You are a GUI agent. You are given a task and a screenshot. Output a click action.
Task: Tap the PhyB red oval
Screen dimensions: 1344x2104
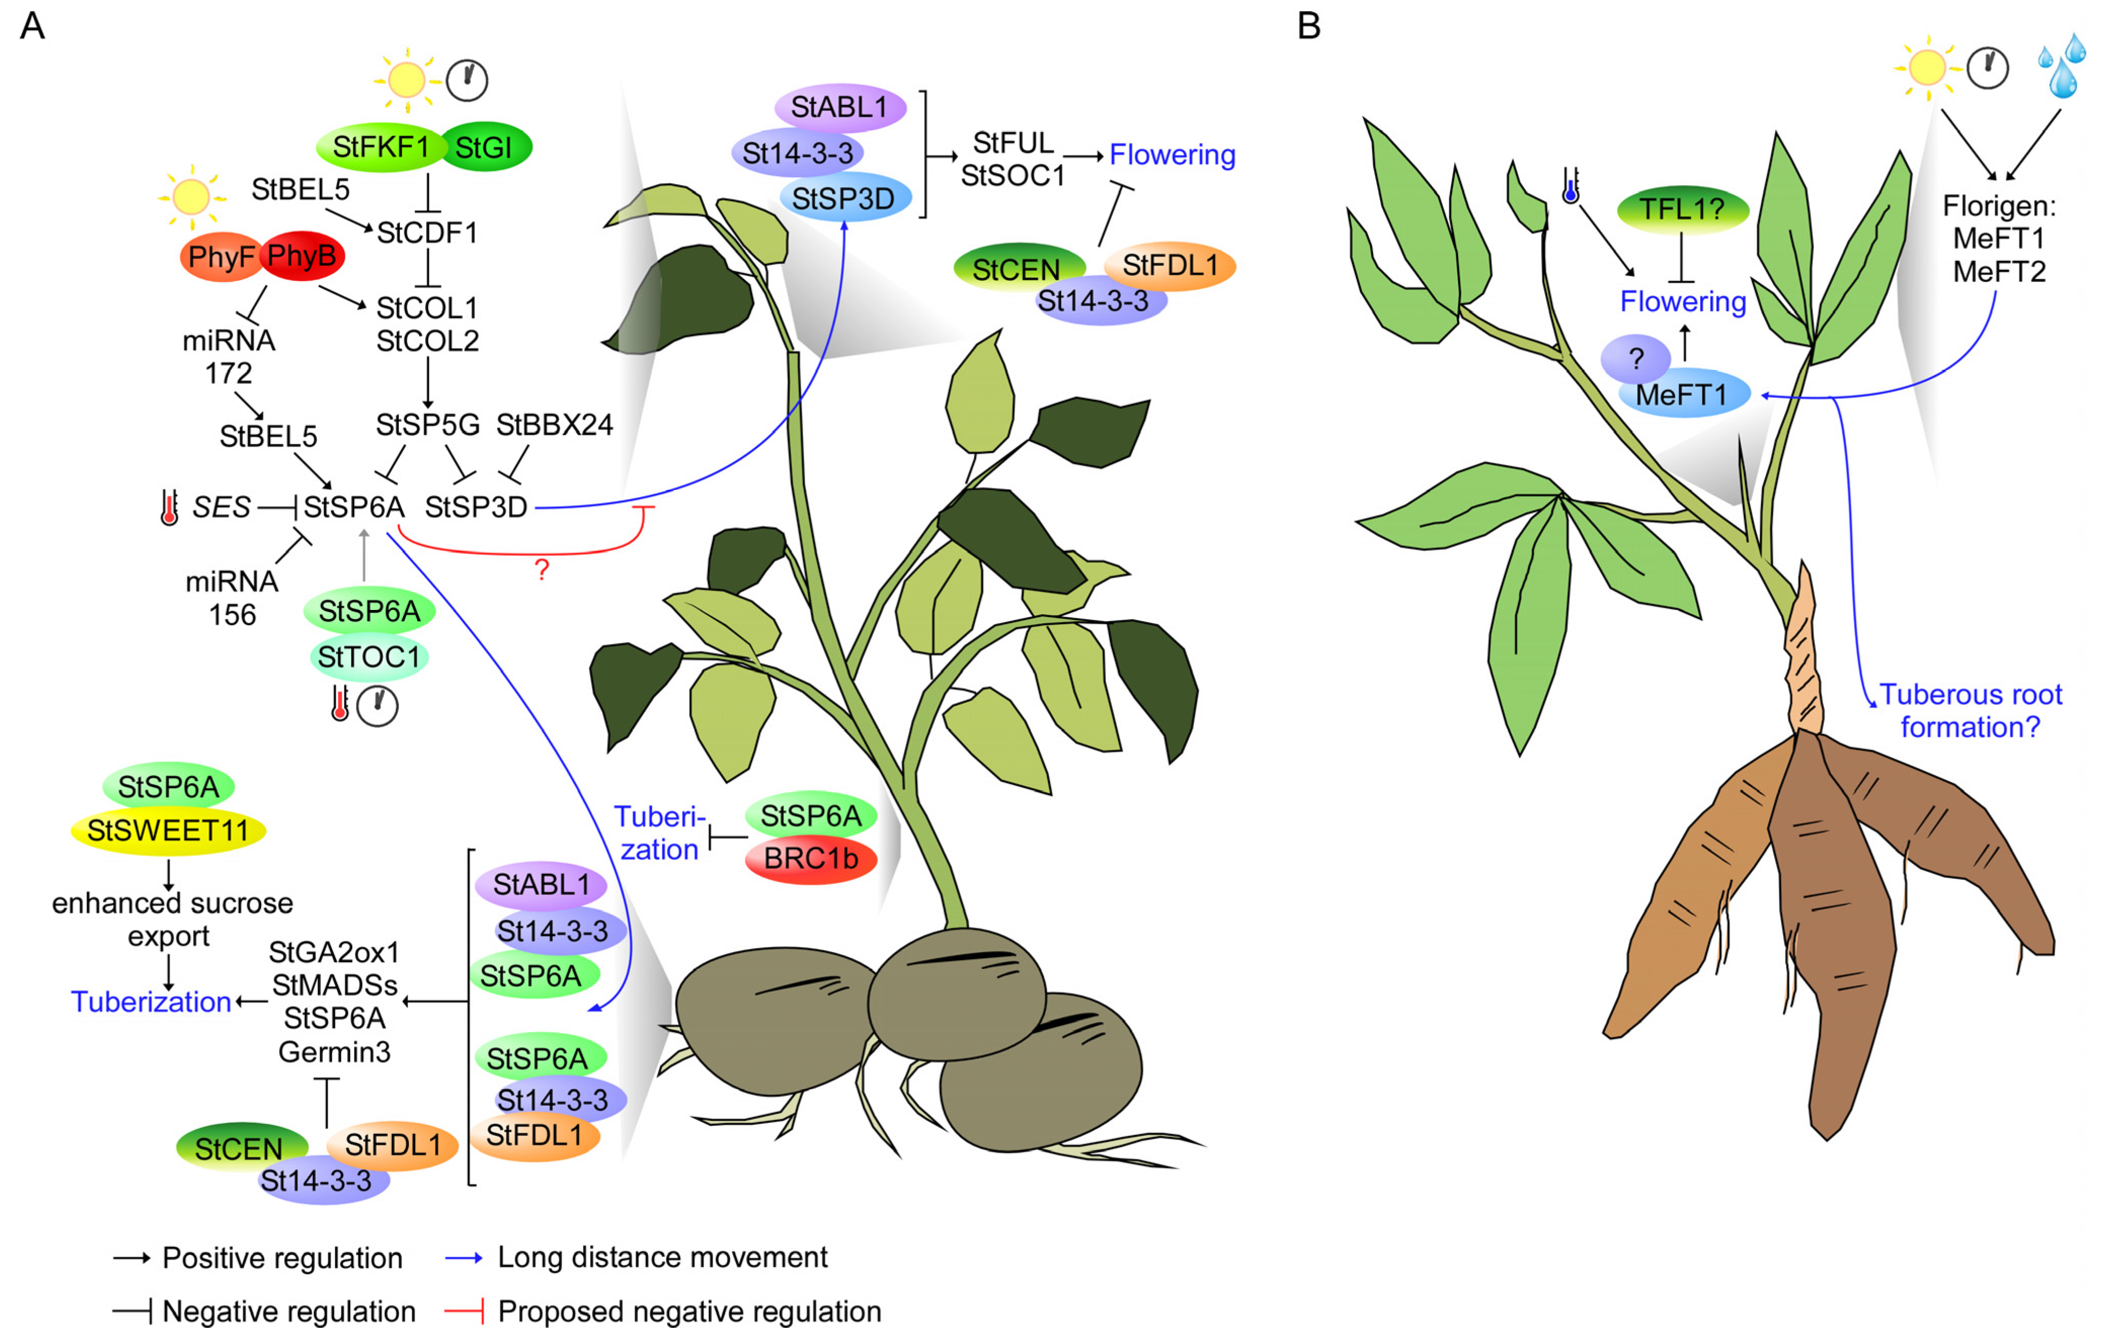click(302, 256)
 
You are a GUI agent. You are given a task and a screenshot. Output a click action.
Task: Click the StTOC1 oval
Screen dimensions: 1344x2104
click(369, 656)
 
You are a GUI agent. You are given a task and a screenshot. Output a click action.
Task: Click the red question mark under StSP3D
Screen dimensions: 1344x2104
click(542, 570)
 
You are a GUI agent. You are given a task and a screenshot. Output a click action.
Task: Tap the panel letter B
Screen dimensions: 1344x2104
click(1308, 26)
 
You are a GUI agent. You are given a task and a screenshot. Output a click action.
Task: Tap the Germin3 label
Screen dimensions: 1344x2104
click(335, 1051)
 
